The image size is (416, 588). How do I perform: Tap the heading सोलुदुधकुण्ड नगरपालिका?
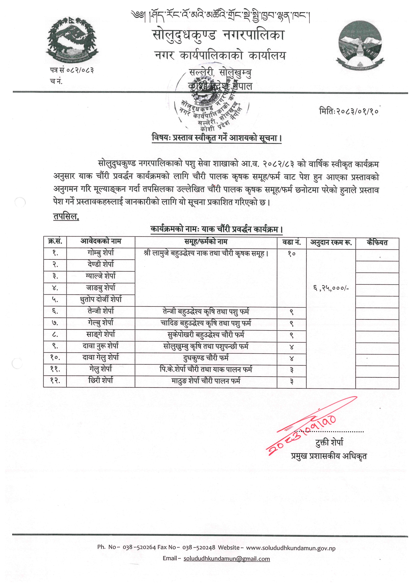(x=218, y=35)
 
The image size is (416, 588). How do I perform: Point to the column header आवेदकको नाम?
(x=101, y=242)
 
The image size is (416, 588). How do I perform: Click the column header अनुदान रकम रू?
(x=331, y=242)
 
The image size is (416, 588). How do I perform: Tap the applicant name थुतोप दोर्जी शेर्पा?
(x=101, y=299)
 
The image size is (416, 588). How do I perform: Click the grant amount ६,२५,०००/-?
(x=331, y=288)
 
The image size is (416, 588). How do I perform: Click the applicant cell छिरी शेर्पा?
(x=101, y=381)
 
